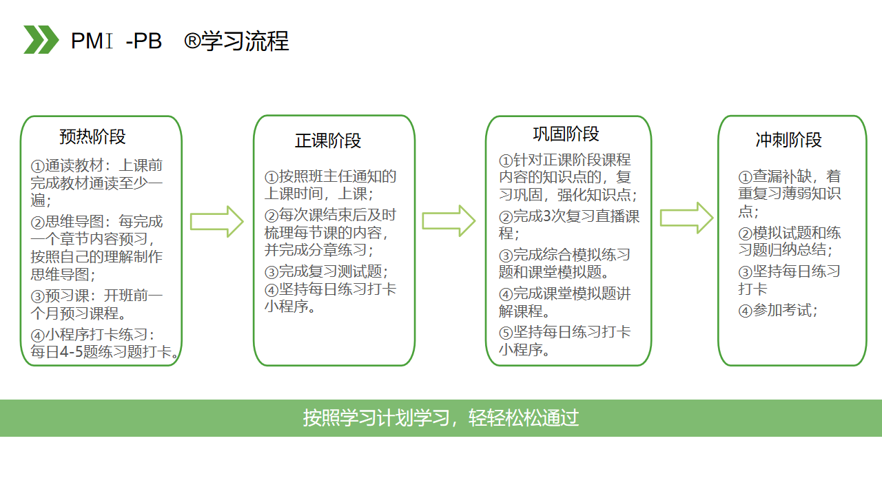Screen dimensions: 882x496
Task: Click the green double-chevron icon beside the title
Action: click(x=41, y=39)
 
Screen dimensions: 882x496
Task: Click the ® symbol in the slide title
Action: click(x=192, y=41)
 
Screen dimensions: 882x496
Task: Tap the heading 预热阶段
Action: click(x=92, y=137)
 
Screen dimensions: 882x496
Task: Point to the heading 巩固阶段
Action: click(x=566, y=134)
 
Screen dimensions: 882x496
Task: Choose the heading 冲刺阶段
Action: click(x=789, y=140)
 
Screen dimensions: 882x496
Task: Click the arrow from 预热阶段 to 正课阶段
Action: click(x=216, y=222)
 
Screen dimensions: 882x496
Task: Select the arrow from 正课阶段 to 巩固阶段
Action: click(x=449, y=221)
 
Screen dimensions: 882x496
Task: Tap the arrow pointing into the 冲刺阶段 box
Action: click(x=686, y=218)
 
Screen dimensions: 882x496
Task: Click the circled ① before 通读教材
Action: click(x=37, y=166)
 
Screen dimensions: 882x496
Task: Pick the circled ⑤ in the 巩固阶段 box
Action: click(x=506, y=333)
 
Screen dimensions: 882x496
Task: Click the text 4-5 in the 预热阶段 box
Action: click(x=72, y=352)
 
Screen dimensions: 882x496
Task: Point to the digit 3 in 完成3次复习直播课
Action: click(x=547, y=216)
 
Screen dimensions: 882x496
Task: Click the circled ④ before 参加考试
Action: click(x=745, y=311)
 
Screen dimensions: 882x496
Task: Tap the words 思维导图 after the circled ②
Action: click(x=74, y=222)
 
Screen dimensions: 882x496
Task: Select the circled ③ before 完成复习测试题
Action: click(x=271, y=272)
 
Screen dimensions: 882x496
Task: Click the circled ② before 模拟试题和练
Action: click(x=745, y=234)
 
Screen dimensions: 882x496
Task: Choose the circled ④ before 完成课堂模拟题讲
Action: click(x=506, y=294)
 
